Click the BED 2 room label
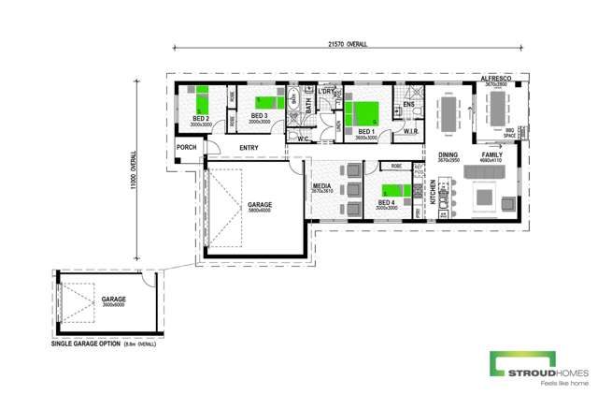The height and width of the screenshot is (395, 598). tap(201, 120)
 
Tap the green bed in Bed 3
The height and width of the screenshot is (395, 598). tap(269, 102)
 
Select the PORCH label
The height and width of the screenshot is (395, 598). tap(186, 147)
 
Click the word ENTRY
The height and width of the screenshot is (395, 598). tap(249, 148)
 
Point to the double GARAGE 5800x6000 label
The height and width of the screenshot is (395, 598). tap(259, 206)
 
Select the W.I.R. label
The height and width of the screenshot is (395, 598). tap(410, 132)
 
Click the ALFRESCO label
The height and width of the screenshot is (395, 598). tap(494, 79)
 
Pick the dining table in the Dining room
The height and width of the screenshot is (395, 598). tap(449, 115)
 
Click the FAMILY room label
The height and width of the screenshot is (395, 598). tap(491, 154)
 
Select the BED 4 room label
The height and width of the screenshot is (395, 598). tap(386, 202)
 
